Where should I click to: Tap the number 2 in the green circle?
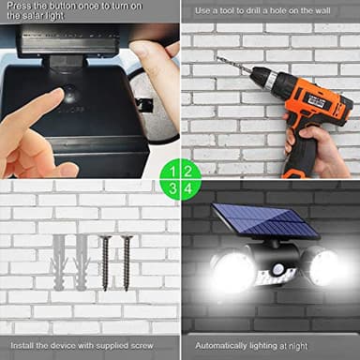pyautogui.click(x=188, y=172)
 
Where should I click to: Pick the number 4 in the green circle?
pyautogui.click(x=188, y=189)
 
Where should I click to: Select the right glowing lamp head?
pyautogui.click(x=322, y=268)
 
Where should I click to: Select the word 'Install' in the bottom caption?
pyautogui.click(x=24, y=346)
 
